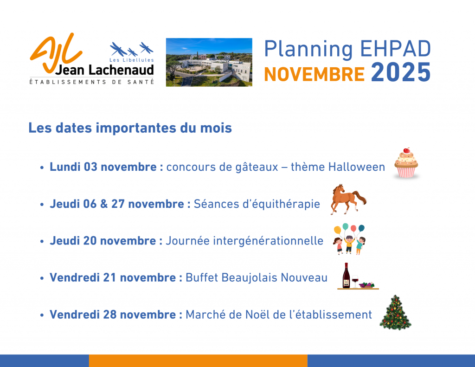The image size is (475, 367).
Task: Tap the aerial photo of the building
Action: click(209, 62)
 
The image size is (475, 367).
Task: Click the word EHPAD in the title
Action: click(395, 49)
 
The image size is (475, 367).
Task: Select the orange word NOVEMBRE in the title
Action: click(315, 75)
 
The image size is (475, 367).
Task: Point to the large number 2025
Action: click(401, 72)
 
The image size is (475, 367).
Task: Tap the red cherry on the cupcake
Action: click(406, 150)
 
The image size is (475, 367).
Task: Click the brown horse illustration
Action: click(348, 199)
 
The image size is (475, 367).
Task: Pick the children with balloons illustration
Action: click(349, 239)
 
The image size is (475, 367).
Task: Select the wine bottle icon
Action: click(346, 276)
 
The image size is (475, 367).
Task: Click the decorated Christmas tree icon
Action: click(395, 312)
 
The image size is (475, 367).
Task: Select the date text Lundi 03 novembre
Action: click(103, 167)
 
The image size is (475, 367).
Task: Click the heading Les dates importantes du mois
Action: click(130, 128)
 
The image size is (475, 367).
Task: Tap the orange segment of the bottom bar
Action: click(198, 361)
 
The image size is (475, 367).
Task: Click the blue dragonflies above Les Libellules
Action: click(131, 49)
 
